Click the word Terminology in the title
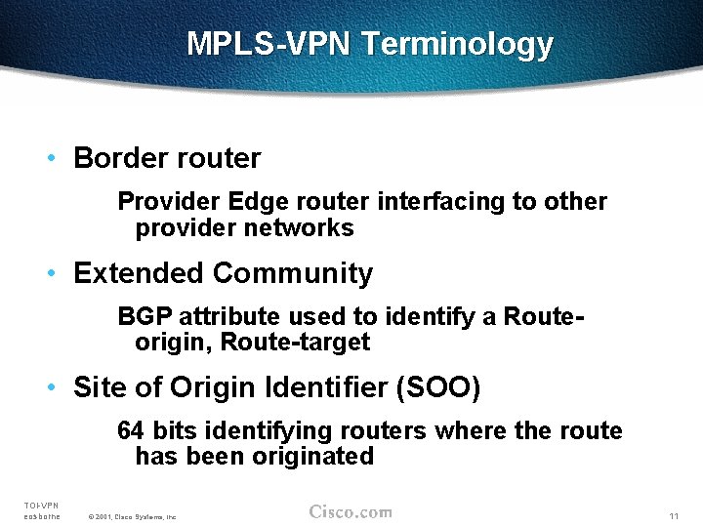pyautogui.click(x=458, y=45)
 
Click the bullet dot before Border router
pyautogui.click(x=58, y=158)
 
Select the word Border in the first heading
pyautogui.click(x=122, y=158)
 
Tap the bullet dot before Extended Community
pyautogui.click(x=58, y=273)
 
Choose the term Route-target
pyautogui.click(x=295, y=343)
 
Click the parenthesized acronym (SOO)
pyautogui.click(x=438, y=387)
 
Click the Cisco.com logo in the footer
pyautogui.click(x=351, y=512)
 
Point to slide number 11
pyautogui.click(x=674, y=515)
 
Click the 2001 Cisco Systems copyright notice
pyautogui.click(x=132, y=516)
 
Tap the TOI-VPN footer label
pyautogui.click(x=42, y=505)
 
